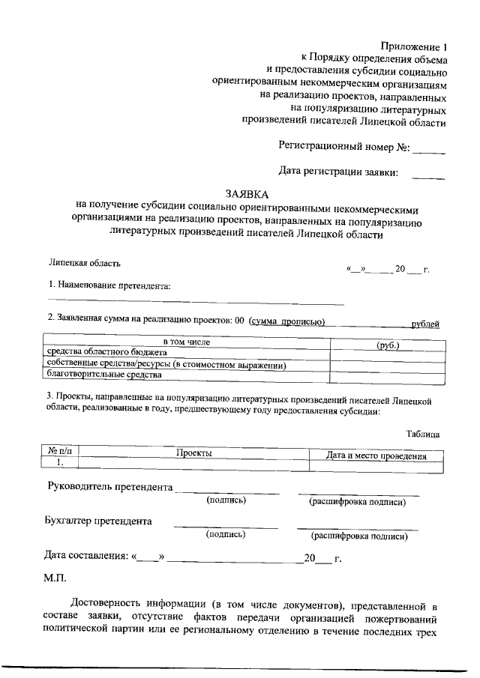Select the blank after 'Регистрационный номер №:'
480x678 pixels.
pyautogui.click(x=429, y=149)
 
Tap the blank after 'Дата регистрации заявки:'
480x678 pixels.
pyautogui.click(x=429, y=175)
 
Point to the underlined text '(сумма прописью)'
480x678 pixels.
pyautogui.click(x=286, y=322)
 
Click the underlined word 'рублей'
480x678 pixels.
pyautogui.click(x=425, y=324)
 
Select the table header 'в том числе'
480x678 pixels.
pyautogui.click(x=186, y=342)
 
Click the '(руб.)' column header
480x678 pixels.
pyautogui.click(x=388, y=345)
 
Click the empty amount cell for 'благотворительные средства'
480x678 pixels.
pyautogui.click(x=388, y=377)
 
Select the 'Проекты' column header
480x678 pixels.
pyautogui.click(x=194, y=453)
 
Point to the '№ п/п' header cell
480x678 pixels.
pyautogui.click(x=59, y=452)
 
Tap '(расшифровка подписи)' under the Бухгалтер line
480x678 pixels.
pyautogui.click(x=359, y=536)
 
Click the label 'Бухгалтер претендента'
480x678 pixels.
pyautogui.click(x=98, y=521)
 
